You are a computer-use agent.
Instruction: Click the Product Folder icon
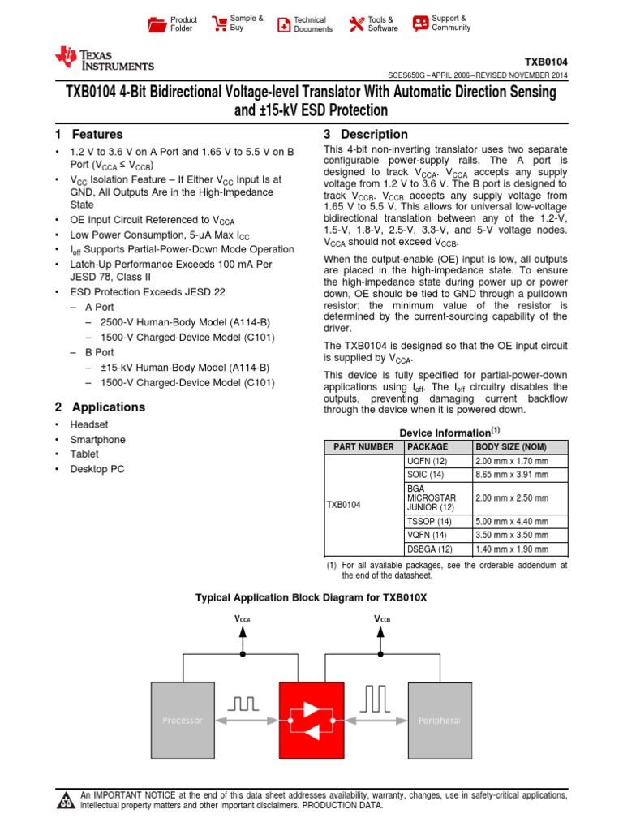157,24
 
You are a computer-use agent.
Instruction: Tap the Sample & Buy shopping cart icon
218,24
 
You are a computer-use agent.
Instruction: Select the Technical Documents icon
283,24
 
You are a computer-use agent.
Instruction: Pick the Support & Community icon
420,24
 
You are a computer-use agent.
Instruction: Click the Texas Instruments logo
104,58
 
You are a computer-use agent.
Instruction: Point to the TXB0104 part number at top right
546,62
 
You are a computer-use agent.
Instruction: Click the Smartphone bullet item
97,440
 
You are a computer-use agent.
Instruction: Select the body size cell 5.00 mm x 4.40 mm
512,522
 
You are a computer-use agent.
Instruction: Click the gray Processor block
183,719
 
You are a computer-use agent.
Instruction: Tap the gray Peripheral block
439,719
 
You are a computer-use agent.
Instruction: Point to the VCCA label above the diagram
243,619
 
